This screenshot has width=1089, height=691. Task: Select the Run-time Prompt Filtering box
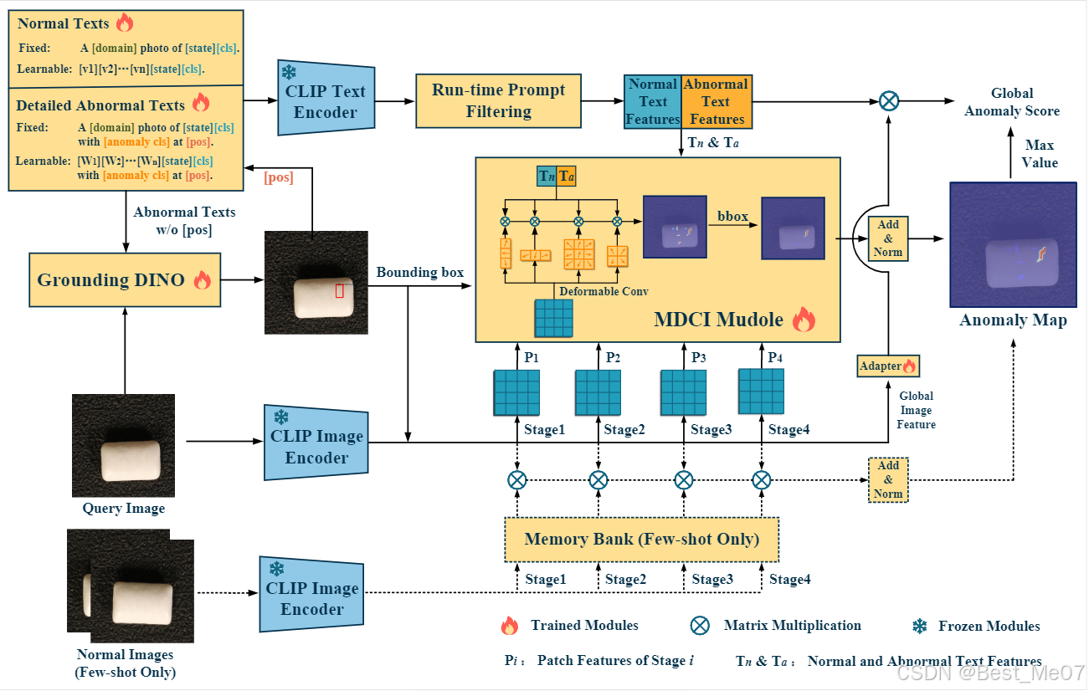(x=498, y=100)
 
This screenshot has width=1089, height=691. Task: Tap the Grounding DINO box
(x=123, y=280)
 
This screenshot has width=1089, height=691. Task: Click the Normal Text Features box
(x=653, y=101)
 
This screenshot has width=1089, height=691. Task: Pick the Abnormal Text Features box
(x=716, y=101)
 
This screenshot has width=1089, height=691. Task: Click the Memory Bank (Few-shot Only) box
(x=641, y=539)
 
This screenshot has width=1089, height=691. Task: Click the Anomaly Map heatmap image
(x=1012, y=245)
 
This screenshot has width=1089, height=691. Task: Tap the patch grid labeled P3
(x=684, y=392)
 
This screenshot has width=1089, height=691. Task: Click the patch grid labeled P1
(x=516, y=392)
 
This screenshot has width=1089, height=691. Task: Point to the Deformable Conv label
(x=604, y=291)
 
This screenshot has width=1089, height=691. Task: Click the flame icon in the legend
(x=509, y=626)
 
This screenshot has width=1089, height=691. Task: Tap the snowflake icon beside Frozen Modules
(x=920, y=626)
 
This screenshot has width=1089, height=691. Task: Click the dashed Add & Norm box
(x=888, y=479)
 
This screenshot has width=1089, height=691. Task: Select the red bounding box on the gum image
(x=340, y=290)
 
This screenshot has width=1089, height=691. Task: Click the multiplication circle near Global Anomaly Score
(x=889, y=101)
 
